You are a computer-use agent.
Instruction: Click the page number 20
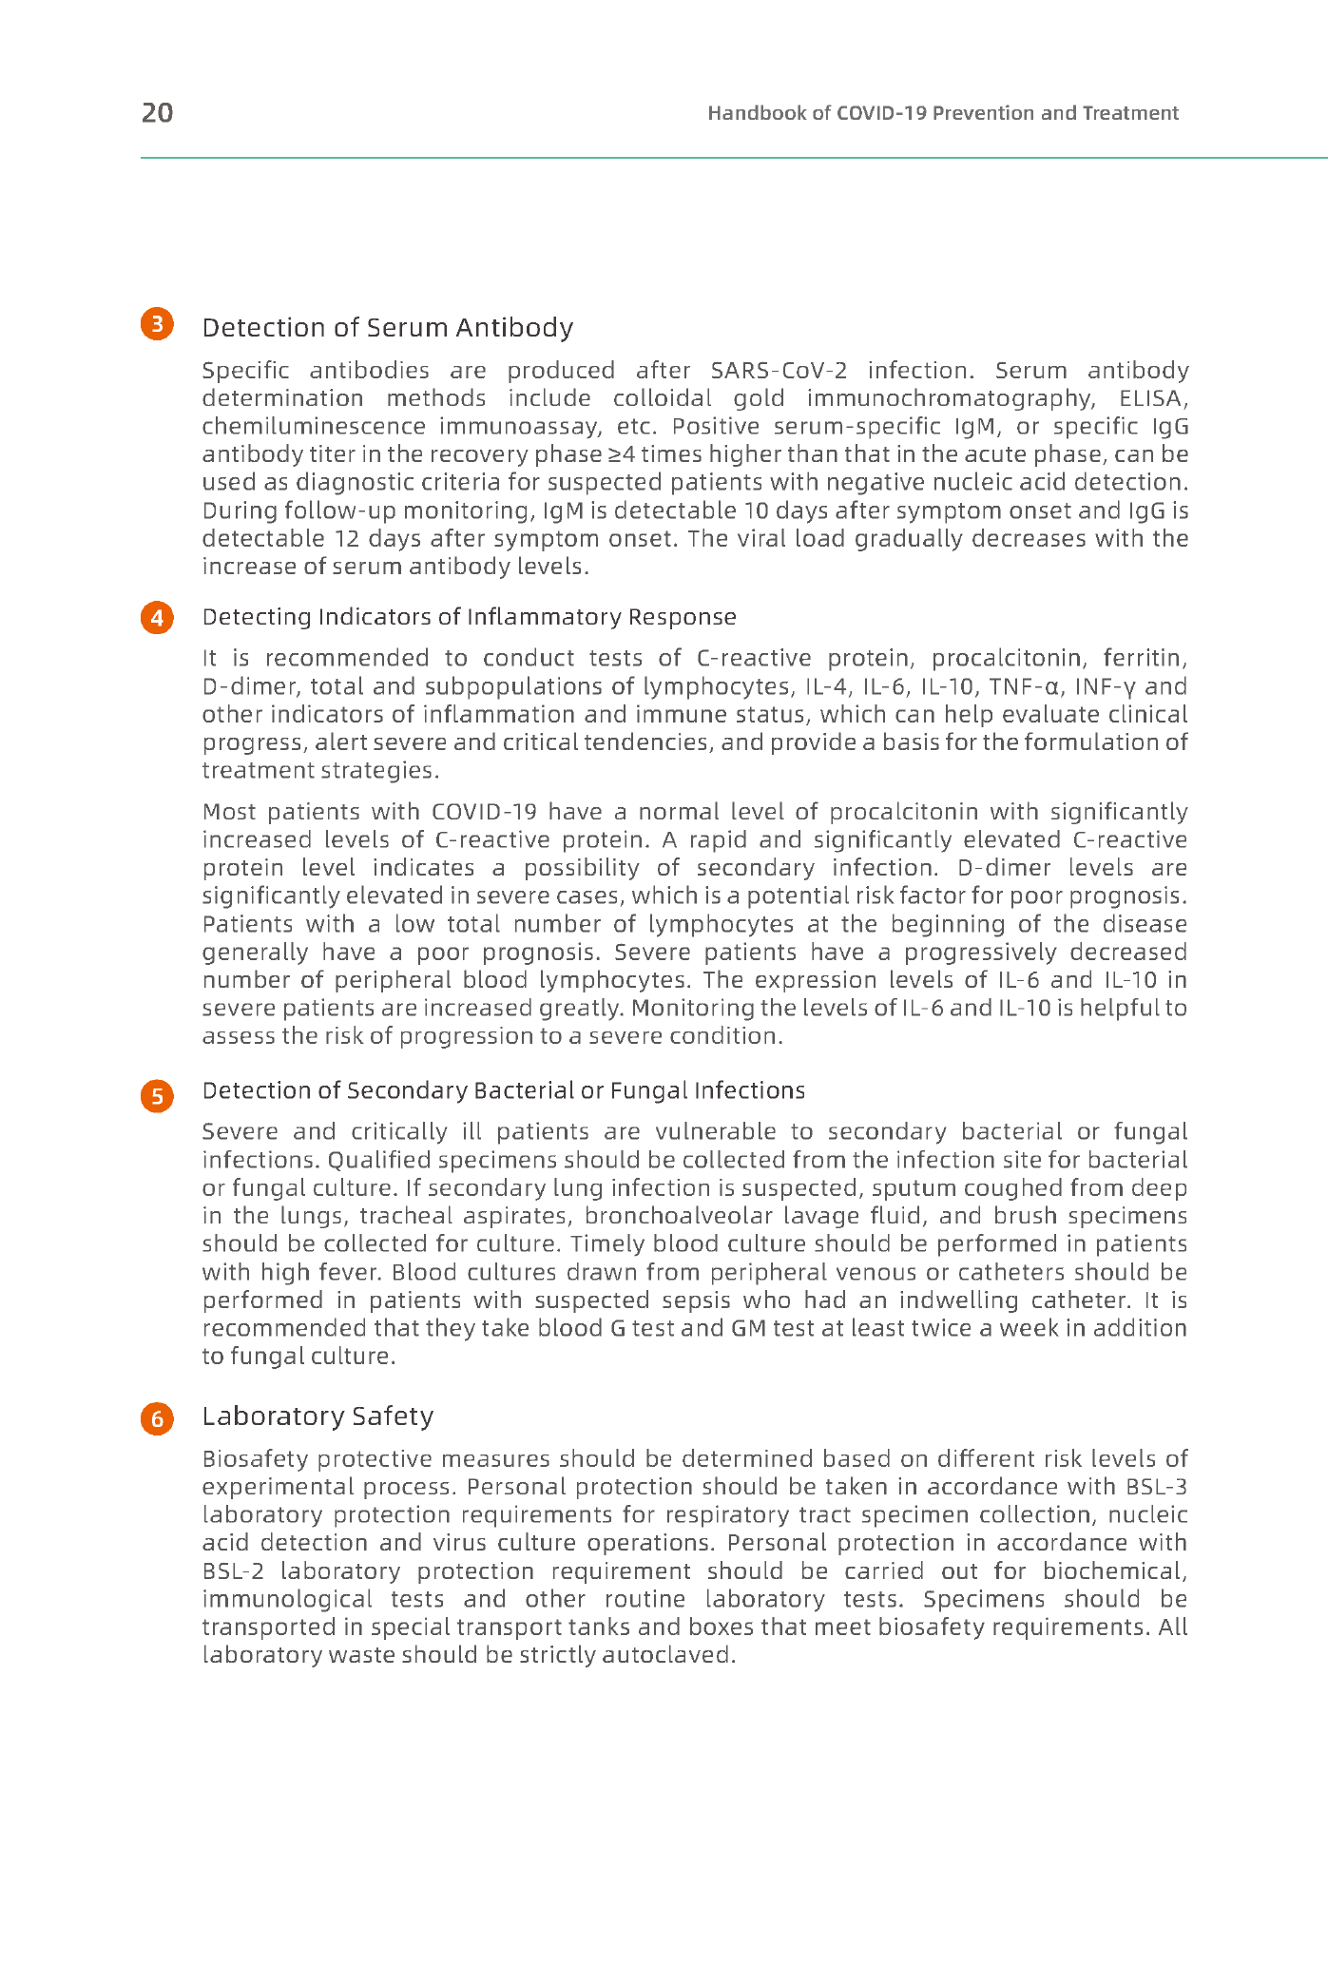157,113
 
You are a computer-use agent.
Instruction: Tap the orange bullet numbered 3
158,324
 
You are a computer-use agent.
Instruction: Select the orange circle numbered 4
158,618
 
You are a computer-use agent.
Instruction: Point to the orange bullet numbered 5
158,1096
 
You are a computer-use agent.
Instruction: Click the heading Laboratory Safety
318,1416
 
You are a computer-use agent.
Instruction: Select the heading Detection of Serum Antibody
388,328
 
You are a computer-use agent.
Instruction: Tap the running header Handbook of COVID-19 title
942,113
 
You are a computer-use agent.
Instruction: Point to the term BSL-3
1156,1487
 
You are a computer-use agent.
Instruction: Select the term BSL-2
232,1571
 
